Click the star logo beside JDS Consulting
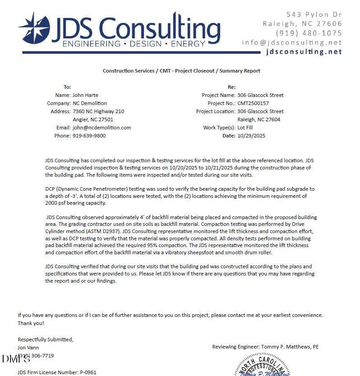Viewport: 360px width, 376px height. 34,28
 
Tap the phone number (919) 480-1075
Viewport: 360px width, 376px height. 309,33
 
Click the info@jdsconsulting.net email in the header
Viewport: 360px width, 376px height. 292,42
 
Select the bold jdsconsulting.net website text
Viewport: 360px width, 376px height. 304,51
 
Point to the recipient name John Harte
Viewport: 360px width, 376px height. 85,95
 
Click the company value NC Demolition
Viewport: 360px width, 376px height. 90,103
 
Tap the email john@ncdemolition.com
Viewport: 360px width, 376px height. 102,128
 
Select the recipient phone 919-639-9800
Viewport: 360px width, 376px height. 89,136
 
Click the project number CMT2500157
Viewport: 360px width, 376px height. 253,103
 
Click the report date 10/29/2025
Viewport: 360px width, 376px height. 251,136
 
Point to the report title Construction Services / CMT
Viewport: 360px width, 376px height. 181,71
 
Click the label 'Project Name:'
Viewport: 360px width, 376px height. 218,95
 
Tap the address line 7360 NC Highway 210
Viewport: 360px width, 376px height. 98,111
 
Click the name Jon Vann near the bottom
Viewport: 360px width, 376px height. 28,348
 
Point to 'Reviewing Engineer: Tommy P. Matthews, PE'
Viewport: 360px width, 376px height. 265,347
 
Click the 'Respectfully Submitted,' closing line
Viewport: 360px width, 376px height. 45,339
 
